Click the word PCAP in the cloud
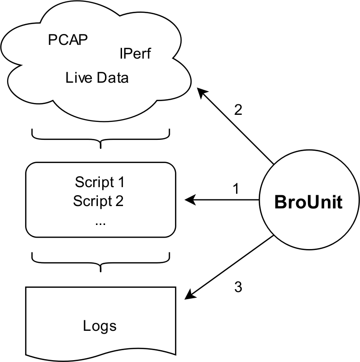pyautogui.click(x=68, y=40)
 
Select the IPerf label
pyautogui.click(x=135, y=54)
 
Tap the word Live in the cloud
pyautogui.click(x=78, y=78)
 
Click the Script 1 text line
pyautogui.click(x=99, y=182)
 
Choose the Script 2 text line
pyautogui.click(x=98, y=201)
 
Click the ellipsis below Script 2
pyautogui.click(x=100, y=222)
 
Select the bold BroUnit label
pyautogui.click(x=308, y=202)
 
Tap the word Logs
pyautogui.click(x=99, y=326)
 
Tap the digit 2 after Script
pyautogui.click(x=119, y=201)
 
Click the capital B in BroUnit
pyautogui.click(x=280, y=202)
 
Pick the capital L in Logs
pyautogui.click(x=86, y=326)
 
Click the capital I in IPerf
pyautogui.click(x=121, y=54)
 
